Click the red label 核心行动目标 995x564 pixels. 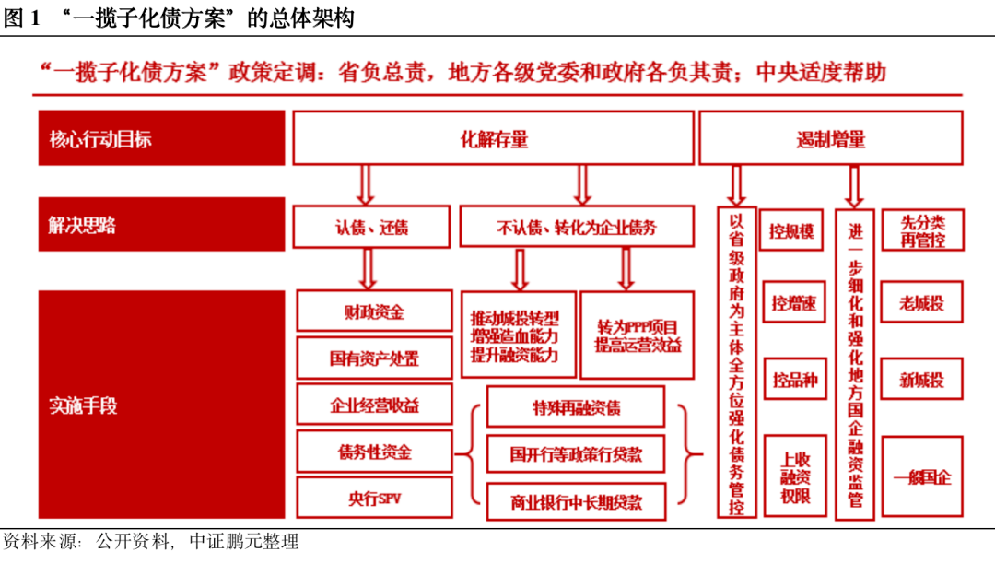[x=160, y=139]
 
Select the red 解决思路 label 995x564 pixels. [x=160, y=225]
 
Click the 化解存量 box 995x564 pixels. [x=493, y=139]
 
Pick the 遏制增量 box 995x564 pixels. [x=830, y=139]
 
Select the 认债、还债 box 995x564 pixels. [x=371, y=227]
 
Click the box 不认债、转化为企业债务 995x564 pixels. [x=576, y=227]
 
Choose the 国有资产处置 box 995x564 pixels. [x=374, y=358]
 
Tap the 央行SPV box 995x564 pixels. [x=374, y=499]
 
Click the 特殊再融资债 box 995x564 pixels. [x=576, y=407]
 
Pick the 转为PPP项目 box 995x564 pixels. [x=637, y=336]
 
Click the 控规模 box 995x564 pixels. [x=792, y=230]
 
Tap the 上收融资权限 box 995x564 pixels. [x=792, y=476]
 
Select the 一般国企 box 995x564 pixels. [x=921, y=476]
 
